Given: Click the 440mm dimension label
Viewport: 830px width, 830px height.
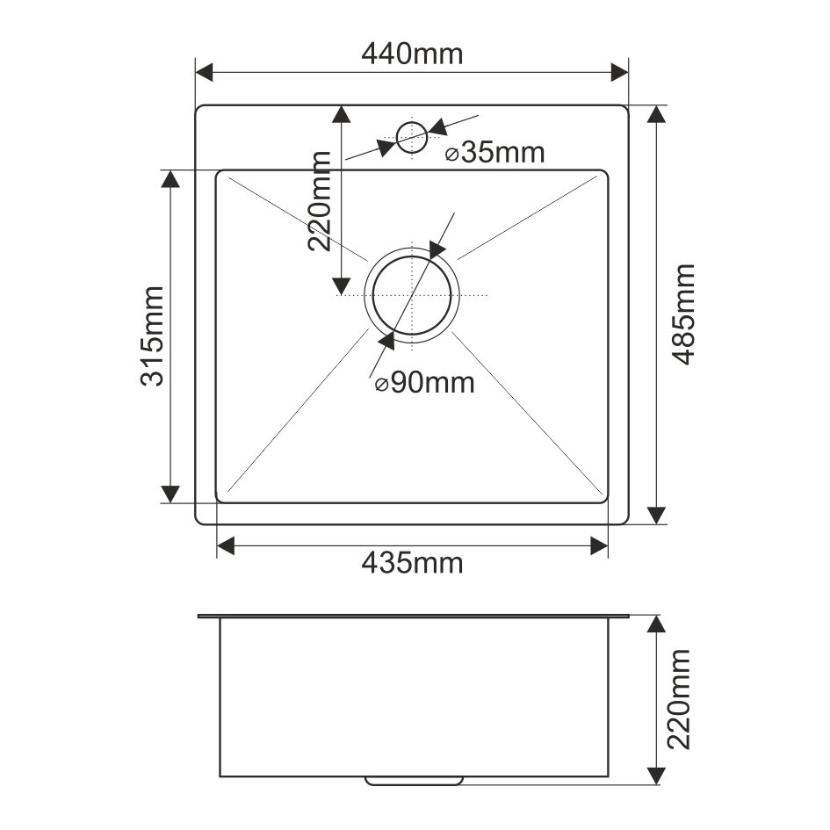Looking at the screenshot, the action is click(412, 54).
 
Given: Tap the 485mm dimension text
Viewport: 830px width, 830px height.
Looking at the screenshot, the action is click(682, 314).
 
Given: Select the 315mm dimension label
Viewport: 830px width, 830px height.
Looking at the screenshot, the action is click(152, 336).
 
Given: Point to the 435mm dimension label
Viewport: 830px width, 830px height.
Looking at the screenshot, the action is click(412, 563).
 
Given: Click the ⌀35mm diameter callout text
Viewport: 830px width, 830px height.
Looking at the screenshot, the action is click(495, 153).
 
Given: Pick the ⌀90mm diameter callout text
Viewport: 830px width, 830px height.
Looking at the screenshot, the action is click(424, 383).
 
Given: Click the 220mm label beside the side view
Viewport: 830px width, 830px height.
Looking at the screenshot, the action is click(679, 699).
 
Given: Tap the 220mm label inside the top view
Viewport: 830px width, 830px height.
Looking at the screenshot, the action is click(320, 201).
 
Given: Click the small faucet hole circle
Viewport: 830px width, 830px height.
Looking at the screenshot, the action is click(412, 122).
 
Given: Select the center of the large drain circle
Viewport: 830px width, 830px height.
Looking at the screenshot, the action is click(412, 295).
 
